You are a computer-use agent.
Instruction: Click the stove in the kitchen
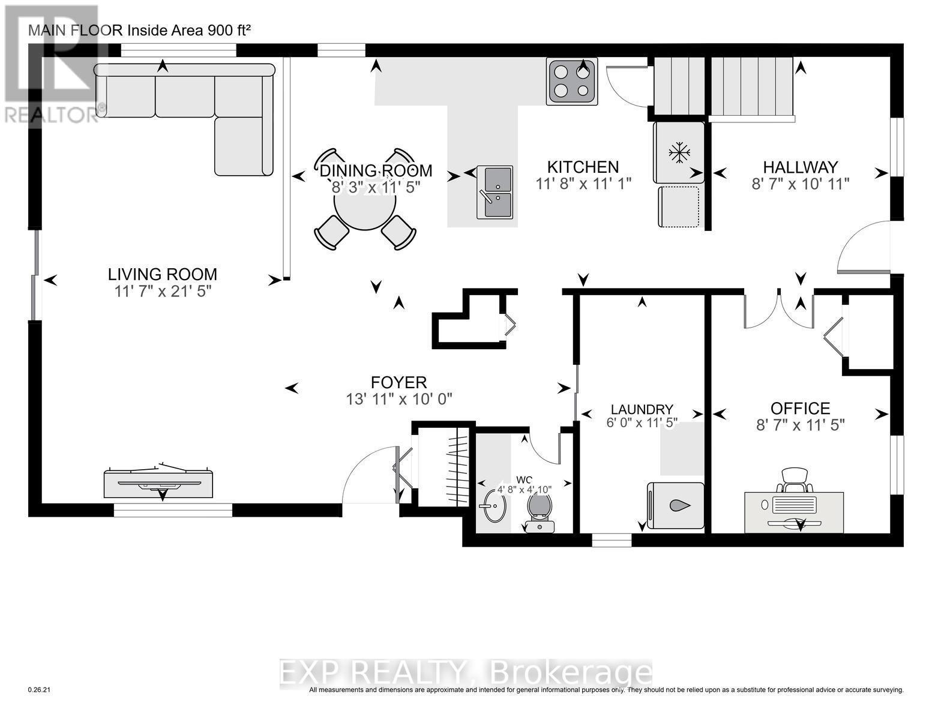point(571,82)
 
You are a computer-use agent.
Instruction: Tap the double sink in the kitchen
point(495,192)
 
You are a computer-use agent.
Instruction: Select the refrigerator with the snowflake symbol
point(679,152)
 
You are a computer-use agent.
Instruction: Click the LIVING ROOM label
point(162,275)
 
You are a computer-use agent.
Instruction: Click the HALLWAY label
point(800,167)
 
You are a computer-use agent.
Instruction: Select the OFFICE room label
point(800,409)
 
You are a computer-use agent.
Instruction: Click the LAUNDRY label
point(642,409)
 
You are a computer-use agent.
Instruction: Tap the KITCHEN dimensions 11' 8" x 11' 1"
point(583,184)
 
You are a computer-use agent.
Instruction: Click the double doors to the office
point(778,309)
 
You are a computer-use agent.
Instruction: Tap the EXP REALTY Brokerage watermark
point(466,673)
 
